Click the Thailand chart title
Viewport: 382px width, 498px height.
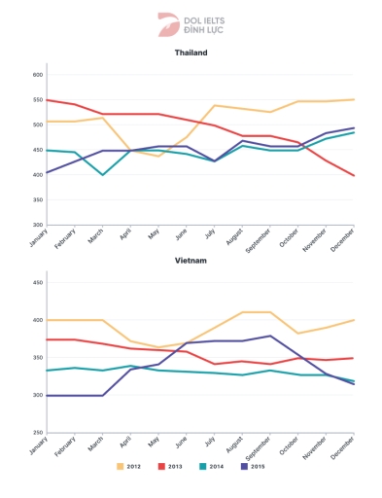point(191,53)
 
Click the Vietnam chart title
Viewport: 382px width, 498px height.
point(191,261)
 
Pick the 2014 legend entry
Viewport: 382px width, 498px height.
point(210,467)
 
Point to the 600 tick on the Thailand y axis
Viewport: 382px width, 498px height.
point(39,75)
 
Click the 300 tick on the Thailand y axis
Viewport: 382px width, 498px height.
point(39,225)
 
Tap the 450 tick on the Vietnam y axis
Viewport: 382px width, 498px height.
point(39,283)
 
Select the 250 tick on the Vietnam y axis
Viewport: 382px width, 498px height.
point(39,433)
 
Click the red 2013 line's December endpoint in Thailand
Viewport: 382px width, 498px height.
point(354,176)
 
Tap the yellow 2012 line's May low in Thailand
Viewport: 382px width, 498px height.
point(158,156)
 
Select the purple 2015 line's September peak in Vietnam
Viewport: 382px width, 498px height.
point(270,336)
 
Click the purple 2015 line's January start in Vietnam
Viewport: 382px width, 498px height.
point(47,396)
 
